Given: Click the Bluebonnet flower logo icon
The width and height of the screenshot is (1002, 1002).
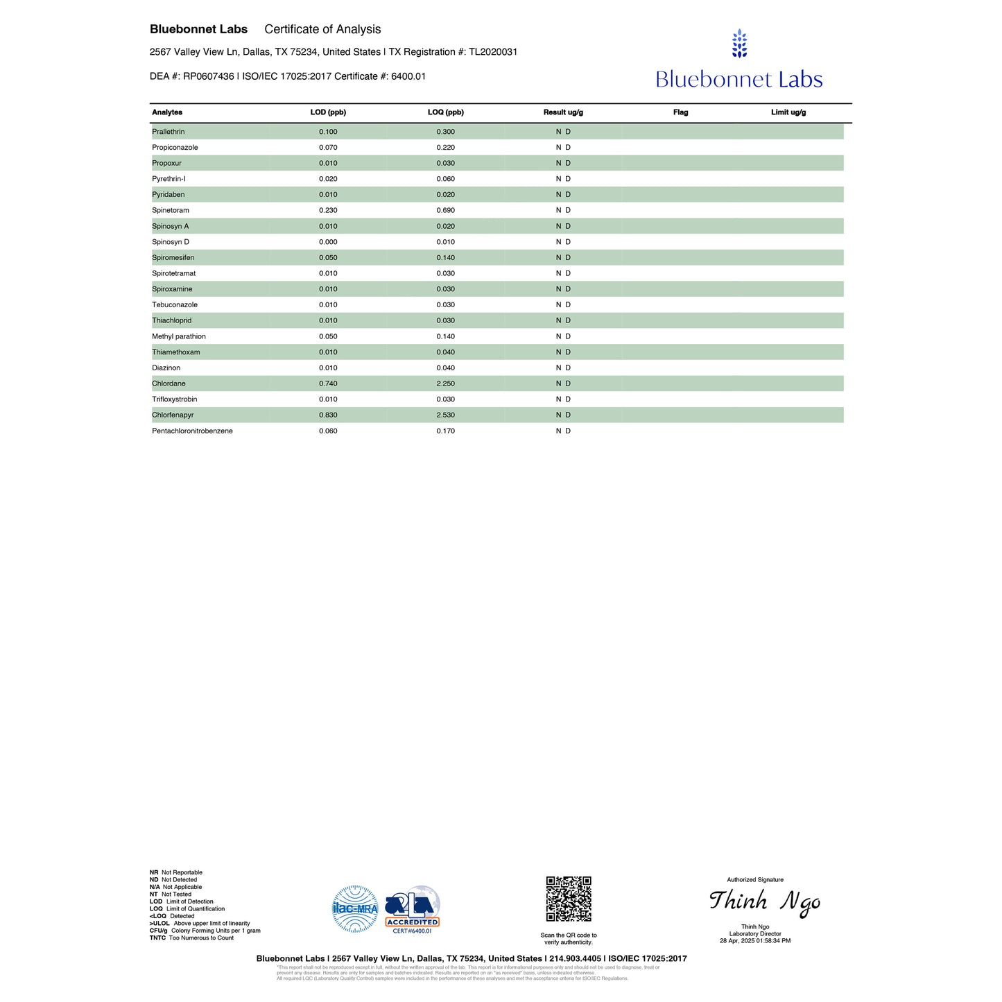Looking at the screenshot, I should [x=739, y=43].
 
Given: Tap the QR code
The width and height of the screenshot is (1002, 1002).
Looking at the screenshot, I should [x=569, y=899].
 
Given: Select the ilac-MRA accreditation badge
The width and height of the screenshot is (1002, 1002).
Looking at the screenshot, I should [x=355, y=908].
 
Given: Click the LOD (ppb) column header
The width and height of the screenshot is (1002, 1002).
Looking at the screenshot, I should [x=328, y=112].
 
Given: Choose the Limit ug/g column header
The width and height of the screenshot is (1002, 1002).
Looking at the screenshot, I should [x=788, y=112].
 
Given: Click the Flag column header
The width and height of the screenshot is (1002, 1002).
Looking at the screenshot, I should [x=680, y=112].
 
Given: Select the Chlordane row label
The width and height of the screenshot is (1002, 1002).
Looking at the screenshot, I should [x=169, y=383].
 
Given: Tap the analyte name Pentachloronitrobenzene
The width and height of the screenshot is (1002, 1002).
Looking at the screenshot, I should [x=192, y=431].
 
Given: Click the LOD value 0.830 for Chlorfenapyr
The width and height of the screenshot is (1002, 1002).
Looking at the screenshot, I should [x=328, y=415].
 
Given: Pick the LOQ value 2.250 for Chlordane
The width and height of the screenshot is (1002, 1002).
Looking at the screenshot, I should [x=445, y=383].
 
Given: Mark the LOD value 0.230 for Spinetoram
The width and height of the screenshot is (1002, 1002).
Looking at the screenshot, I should [x=328, y=210].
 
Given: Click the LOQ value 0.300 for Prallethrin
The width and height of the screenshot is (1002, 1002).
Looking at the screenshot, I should [x=445, y=132].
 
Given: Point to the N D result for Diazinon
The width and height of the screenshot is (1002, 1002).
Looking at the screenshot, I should [x=563, y=368].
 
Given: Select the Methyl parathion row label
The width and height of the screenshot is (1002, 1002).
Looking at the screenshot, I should [x=179, y=336].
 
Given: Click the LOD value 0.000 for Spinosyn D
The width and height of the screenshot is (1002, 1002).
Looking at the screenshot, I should [x=328, y=242].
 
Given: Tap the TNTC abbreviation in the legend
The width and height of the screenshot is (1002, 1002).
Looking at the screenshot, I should [x=157, y=938].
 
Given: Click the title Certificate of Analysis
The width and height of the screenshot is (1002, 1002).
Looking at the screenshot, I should [x=322, y=29].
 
